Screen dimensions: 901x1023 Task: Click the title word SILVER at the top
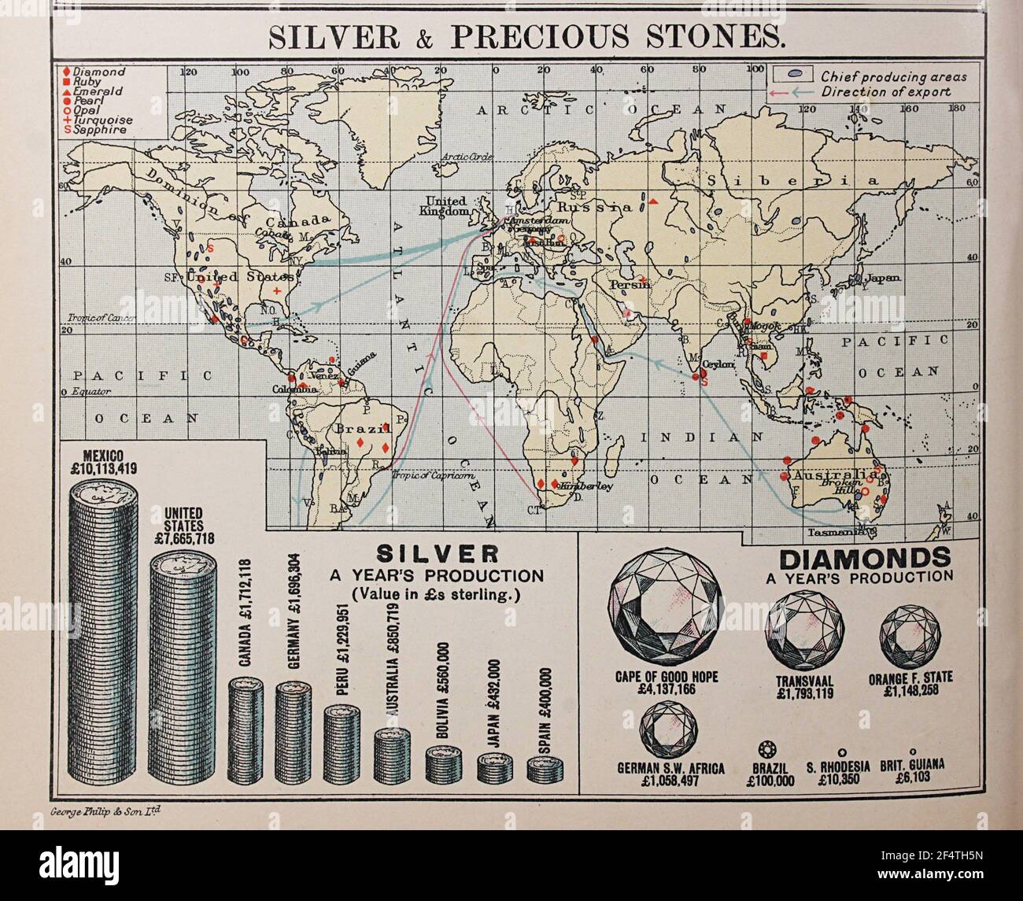pos(323,38)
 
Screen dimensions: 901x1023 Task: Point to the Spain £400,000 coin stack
pos(545,767)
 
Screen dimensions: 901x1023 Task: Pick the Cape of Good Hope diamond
pos(667,606)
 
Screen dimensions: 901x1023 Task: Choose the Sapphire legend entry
pos(99,131)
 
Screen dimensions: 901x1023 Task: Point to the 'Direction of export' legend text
pos(885,92)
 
